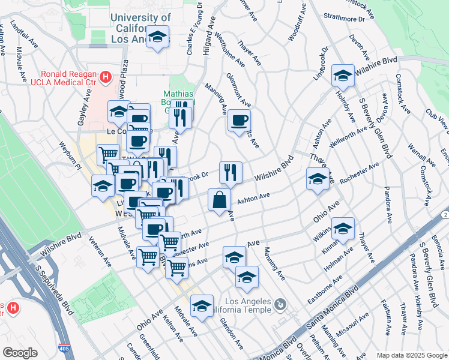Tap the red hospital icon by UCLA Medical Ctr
pos(106,77)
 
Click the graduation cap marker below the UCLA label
pos(158,38)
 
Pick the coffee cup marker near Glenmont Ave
pos(239,121)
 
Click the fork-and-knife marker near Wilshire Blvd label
pos(231,173)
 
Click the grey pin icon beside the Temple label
pos(280,305)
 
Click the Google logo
pos(20,352)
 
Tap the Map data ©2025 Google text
pos(412,355)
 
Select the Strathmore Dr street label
pos(344,19)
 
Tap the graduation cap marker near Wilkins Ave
pos(343,228)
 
